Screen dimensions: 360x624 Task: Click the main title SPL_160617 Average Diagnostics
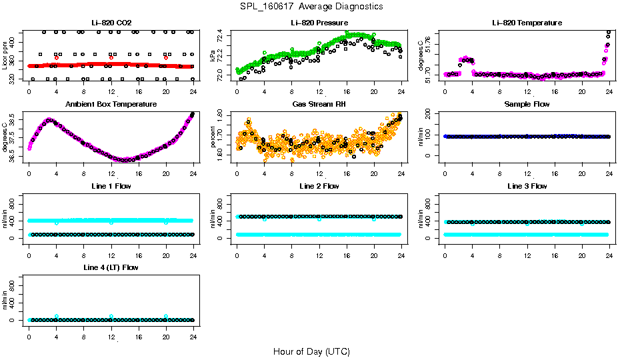pyautogui.click(x=312, y=6)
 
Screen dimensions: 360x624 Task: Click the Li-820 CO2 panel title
pyautogui.click(x=111, y=23)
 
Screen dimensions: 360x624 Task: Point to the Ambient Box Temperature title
pyautogui.click(x=111, y=105)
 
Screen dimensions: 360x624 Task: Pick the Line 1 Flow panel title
pyautogui.click(x=111, y=186)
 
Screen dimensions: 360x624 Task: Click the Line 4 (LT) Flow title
pyautogui.click(x=111, y=267)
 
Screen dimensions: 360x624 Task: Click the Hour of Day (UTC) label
pyautogui.click(x=311, y=351)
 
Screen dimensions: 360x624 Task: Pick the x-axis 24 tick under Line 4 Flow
pyautogui.click(x=193, y=329)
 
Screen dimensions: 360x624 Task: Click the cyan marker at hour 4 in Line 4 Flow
pyautogui.click(x=57, y=316)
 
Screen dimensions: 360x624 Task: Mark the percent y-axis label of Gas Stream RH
pyautogui.click(x=213, y=137)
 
